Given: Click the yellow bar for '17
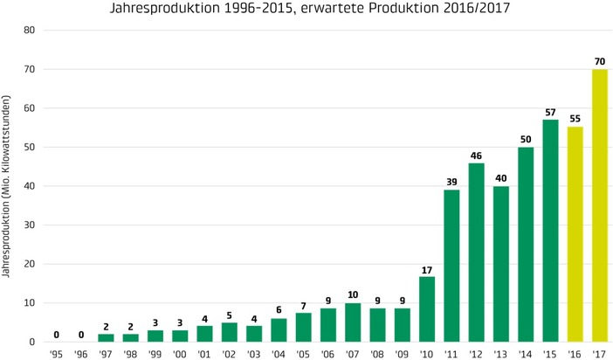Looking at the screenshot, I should point(600,205).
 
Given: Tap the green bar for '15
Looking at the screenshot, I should point(550,231).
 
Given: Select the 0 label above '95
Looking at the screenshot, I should point(56,334).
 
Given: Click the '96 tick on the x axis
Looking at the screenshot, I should point(80,353).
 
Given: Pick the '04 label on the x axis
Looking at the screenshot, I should point(279,353).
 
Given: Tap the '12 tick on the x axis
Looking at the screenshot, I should point(476,353).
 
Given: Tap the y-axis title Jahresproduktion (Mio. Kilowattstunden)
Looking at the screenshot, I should point(8,186).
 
